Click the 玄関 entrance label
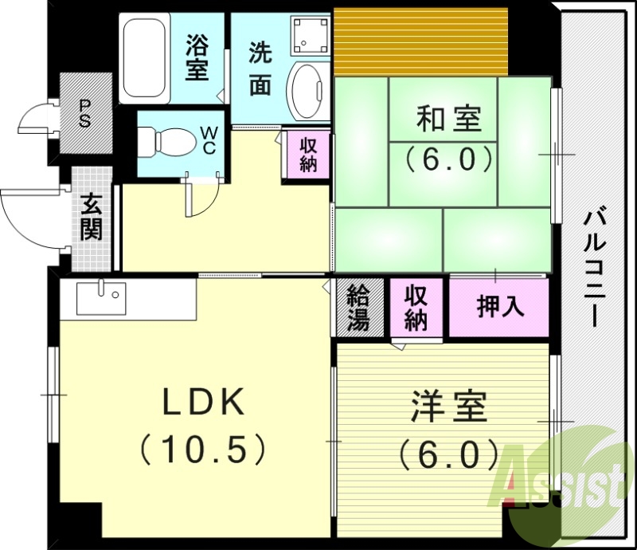[91, 218]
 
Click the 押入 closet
[500, 307]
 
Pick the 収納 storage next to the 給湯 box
[415, 308]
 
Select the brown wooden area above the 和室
[420, 40]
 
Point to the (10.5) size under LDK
[203, 451]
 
